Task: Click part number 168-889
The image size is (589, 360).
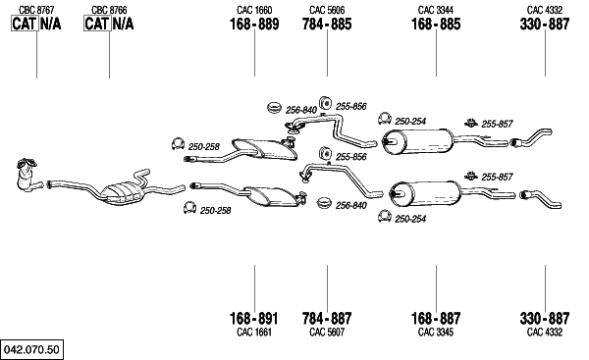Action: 254,24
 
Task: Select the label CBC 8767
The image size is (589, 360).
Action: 36,10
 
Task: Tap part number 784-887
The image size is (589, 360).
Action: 327,319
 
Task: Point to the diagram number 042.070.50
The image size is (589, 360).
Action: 31,349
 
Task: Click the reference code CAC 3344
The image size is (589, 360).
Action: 436,10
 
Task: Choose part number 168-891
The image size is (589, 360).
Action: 254,319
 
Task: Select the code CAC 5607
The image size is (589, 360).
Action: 327,332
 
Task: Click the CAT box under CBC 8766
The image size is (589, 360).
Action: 97,24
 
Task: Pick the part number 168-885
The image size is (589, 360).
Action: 436,24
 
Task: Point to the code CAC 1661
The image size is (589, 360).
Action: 254,332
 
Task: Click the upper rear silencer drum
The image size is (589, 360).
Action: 417,141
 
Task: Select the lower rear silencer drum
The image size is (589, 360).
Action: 425,193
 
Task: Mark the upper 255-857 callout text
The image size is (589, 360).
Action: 497,124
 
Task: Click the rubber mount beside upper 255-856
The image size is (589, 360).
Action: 324,103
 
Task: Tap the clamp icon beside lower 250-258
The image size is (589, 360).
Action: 190,207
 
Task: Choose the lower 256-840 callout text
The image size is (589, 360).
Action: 350,205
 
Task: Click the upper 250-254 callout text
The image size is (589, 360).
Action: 410,122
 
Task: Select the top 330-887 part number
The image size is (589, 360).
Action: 545,24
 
